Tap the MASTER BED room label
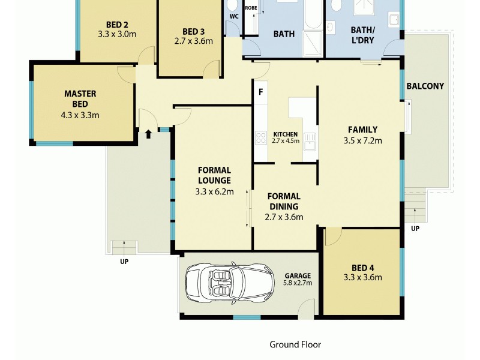pyautogui.click(x=80, y=99)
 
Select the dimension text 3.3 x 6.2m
pyautogui.click(x=214, y=192)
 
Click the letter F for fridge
pyautogui.click(x=260, y=92)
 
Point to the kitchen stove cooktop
pyautogui.click(x=261, y=139)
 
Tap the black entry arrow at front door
pyautogui.click(x=148, y=133)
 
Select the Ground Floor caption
pyautogui.click(x=295, y=344)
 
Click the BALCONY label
pyautogui.click(x=425, y=86)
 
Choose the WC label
pyautogui.click(x=234, y=16)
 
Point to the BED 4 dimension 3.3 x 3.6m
pyautogui.click(x=362, y=277)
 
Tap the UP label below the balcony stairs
pyautogui.click(x=415, y=229)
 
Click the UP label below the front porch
pyautogui.click(x=124, y=261)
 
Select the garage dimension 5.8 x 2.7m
pyautogui.click(x=298, y=283)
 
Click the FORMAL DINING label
pyautogui.click(x=284, y=201)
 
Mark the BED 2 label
pyautogui.click(x=117, y=25)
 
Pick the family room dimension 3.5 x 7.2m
pyautogui.click(x=362, y=141)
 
